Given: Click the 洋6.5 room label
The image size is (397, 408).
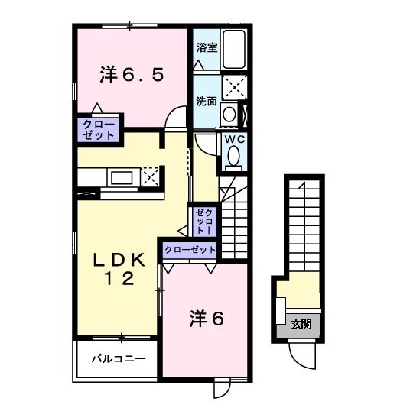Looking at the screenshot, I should pos(132,75).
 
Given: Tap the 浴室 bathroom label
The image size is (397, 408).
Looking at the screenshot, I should pos(207,47).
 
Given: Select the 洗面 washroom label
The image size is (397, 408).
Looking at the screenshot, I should pos(205,101).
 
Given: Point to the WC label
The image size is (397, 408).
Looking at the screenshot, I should pos(233,140).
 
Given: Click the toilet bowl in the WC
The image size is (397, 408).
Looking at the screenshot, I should pos(233,158).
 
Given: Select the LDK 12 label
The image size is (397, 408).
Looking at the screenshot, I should pos(119,270).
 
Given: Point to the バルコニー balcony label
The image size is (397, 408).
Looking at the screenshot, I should pos(114,358).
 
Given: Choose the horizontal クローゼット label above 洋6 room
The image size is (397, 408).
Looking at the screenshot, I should pos(189,250).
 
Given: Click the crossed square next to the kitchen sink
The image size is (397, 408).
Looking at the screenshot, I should pos(150,176).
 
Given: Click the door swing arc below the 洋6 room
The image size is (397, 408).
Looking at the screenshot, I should pos(221,387).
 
